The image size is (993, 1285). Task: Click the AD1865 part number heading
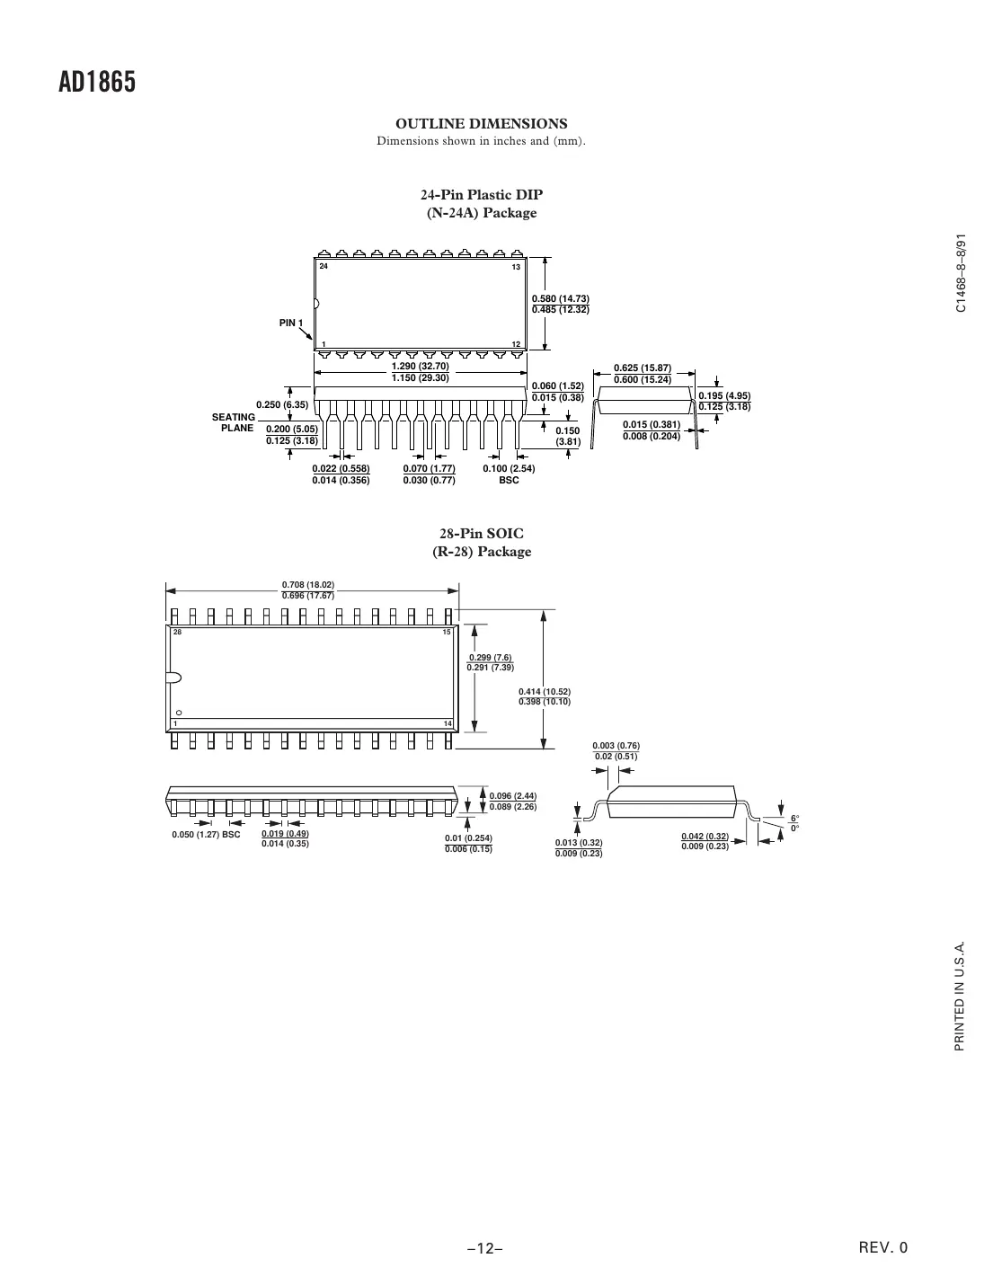click(x=97, y=83)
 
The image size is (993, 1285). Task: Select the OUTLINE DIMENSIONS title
click(x=482, y=123)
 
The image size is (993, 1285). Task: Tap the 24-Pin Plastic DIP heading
click(x=482, y=195)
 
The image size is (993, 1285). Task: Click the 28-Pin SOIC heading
click(x=482, y=534)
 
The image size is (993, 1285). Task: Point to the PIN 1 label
click(x=291, y=323)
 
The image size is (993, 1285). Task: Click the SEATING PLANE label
click(x=234, y=422)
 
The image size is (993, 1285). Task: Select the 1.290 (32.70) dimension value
click(x=421, y=367)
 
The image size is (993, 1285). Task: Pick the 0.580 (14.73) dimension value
click(x=561, y=298)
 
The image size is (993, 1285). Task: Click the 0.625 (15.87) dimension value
click(x=642, y=368)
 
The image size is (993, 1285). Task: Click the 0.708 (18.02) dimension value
click(x=308, y=585)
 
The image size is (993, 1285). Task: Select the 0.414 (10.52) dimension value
click(x=545, y=691)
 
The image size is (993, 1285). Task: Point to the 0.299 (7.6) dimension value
click(x=490, y=657)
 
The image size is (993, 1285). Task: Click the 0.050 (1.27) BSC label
click(x=206, y=835)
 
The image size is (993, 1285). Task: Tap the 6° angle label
click(x=794, y=817)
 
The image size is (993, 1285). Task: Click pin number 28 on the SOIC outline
click(x=177, y=633)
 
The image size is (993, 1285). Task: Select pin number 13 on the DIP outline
click(x=516, y=268)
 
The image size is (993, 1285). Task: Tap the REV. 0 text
click(x=884, y=1247)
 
